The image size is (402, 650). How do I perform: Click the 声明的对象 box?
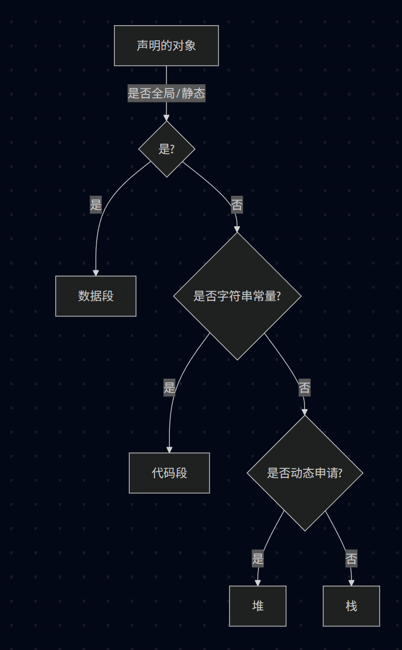(x=166, y=46)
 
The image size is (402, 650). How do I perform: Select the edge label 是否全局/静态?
(x=166, y=93)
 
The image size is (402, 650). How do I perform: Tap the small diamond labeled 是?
(x=167, y=149)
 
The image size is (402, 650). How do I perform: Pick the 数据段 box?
(x=96, y=296)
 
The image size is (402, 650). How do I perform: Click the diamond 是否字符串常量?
(x=237, y=296)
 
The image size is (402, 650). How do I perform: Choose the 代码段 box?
(x=169, y=473)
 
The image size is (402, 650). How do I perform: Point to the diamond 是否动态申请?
(x=305, y=473)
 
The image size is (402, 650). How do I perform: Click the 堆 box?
(x=258, y=606)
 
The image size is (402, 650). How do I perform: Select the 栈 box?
(x=352, y=606)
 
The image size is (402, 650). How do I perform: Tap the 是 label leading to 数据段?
(x=96, y=204)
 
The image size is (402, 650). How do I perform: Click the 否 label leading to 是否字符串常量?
(x=237, y=204)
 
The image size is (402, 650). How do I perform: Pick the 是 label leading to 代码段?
(x=169, y=387)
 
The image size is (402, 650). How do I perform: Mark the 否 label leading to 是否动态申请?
(x=304, y=387)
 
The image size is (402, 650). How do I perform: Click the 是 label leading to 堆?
(x=258, y=559)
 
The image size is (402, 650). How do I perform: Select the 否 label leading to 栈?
(x=351, y=559)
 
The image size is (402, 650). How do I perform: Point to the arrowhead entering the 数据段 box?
(x=96, y=272)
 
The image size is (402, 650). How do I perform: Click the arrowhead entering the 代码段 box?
(x=169, y=449)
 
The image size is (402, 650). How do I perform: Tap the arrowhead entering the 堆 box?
(x=258, y=582)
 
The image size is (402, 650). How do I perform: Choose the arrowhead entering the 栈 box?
(x=352, y=582)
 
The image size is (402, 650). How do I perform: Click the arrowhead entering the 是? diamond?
(x=167, y=118)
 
